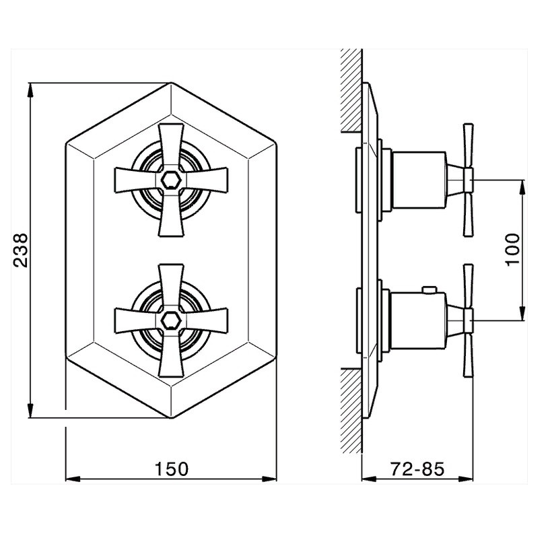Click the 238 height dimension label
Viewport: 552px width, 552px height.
tap(21, 250)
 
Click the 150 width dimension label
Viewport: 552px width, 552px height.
tap(172, 469)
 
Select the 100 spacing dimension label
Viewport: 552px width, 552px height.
tap(513, 250)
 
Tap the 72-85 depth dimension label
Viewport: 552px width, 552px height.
tap(417, 469)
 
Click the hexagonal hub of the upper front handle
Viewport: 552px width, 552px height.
tap(171, 180)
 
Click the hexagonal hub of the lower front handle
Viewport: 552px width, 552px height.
tap(171, 320)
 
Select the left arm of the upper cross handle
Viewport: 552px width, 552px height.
tap(136, 180)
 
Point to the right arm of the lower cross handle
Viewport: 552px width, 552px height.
tap(207, 320)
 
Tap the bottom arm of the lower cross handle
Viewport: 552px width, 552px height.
tap(171, 356)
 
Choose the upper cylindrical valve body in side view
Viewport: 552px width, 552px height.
tap(419, 180)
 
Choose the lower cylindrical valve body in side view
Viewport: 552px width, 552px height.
tap(419, 320)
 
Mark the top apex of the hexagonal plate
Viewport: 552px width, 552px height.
tap(171, 83)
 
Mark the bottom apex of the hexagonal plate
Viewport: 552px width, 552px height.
tap(171, 418)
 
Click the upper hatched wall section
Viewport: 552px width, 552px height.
tap(351, 91)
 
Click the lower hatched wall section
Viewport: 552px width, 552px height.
tap(351, 411)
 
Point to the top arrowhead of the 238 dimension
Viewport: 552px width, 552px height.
tap(30, 90)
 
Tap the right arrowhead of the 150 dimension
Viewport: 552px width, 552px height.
tap(269, 479)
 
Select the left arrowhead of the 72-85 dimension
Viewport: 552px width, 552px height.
tap(370, 479)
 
